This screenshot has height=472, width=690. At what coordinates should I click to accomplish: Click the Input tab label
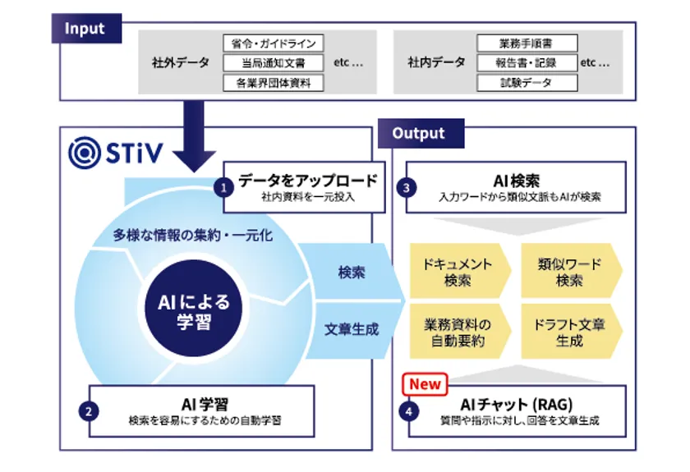tap(85, 30)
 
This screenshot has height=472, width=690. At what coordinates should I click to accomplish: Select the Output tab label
tap(418, 133)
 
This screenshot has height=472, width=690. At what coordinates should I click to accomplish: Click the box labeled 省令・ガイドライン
tap(273, 44)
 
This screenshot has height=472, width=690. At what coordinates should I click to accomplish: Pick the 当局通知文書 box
tap(273, 63)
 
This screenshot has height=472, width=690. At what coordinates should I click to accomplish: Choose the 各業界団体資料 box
tap(273, 83)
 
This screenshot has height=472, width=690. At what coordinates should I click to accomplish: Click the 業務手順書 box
tap(527, 44)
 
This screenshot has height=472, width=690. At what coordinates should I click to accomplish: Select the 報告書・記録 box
tap(527, 63)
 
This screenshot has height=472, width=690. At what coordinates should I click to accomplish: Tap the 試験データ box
tap(527, 83)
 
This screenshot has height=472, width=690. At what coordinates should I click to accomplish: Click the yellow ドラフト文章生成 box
tap(569, 332)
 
